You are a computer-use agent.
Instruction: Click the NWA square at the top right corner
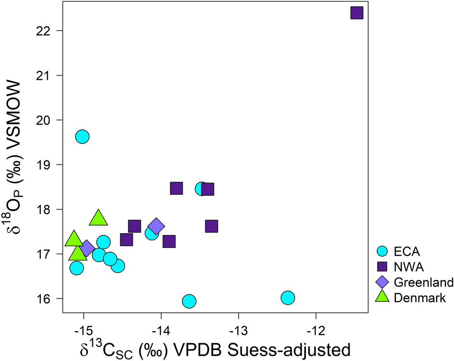coord(356,12)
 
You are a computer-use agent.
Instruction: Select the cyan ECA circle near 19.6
coord(82,137)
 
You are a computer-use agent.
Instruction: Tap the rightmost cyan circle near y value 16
coord(288,298)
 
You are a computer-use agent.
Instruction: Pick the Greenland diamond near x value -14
coord(156,226)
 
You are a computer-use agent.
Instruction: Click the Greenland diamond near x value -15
coord(87,249)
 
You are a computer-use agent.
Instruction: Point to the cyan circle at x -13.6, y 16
coord(189,301)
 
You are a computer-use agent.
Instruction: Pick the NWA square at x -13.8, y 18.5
coord(177,188)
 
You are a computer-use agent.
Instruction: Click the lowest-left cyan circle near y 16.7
coord(76,268)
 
